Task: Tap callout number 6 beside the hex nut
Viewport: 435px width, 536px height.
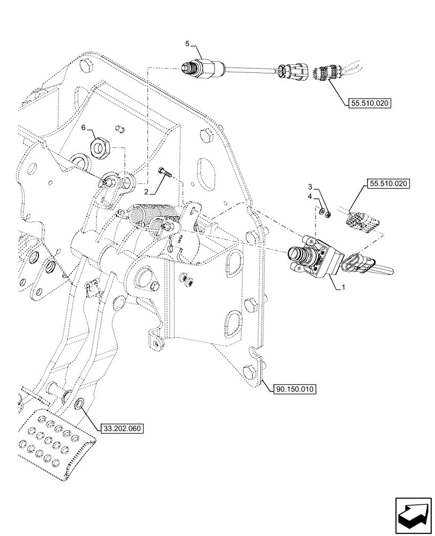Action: coord(84,129)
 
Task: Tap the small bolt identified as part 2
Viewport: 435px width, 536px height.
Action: coord(164,173)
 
